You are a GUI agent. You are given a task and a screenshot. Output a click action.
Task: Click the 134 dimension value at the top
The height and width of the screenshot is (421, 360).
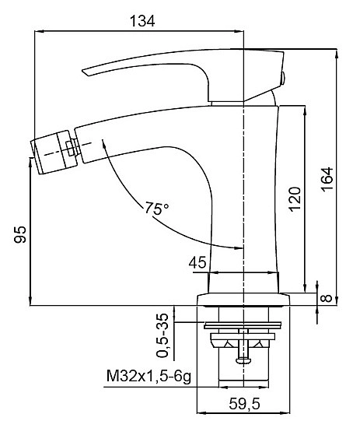[x=142, y=21]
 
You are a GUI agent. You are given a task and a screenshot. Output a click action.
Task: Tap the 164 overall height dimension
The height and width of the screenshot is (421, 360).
[x=327, y=179]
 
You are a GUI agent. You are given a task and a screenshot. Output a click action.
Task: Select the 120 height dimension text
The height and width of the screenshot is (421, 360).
[x=295, y=199]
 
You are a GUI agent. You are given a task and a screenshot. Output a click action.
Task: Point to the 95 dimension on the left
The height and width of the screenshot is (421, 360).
[x=20, y=234]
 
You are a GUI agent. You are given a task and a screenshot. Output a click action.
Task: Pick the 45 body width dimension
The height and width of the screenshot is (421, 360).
[x=197, y=262]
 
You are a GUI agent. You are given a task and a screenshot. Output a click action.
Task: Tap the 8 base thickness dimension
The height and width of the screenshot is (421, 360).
[x=327, y=298]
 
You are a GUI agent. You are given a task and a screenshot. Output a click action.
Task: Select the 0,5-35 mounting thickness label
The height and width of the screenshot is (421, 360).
[x=163, y=335]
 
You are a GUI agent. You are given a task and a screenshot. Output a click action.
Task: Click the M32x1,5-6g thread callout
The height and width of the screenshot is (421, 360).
[x=149, y=376]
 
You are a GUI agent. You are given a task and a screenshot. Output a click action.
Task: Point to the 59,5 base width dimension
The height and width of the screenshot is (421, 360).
[x=244, y=404]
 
